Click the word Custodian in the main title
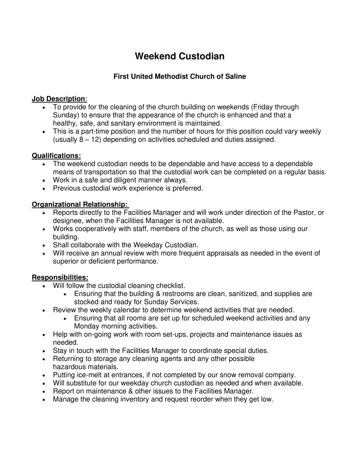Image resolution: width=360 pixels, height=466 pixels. [x=202, y=56]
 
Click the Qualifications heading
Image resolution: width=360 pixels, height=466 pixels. [x=57, y=155]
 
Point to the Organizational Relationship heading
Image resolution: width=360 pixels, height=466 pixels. [x=80, y=204]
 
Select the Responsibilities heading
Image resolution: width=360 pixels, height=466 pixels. [x=60, y=277]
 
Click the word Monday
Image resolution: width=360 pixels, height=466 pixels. [x=87, y=326]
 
